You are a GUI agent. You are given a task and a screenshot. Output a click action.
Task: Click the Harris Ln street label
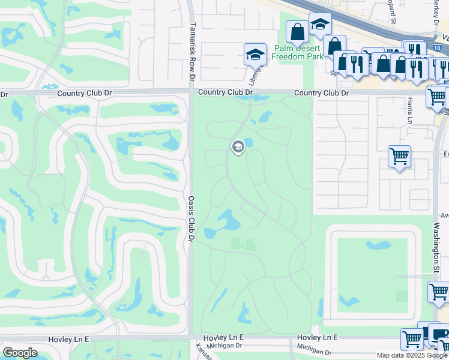(411, 107)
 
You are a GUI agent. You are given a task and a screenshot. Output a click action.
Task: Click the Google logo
(20, 352)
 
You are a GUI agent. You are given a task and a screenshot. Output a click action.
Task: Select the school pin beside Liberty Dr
(255, 55)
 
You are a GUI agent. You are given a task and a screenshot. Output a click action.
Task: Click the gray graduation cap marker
(238, 146)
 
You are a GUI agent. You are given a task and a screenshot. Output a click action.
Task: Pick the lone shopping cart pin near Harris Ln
(399, 157)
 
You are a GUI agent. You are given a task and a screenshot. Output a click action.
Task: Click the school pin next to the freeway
(320, 25)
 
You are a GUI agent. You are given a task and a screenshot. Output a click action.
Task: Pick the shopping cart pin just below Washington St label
(439, 292)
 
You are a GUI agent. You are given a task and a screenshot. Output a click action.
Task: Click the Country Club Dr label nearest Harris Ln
(321, 93)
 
